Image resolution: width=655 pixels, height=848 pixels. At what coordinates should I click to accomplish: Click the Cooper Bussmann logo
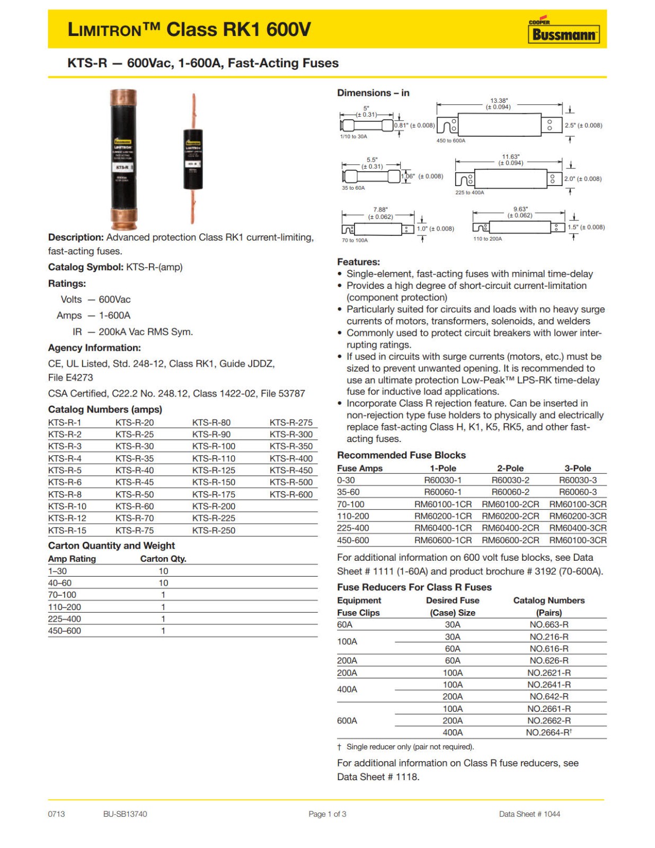[x=563, y=32]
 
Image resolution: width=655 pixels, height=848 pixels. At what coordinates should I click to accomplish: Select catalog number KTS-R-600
[x=291, y=494]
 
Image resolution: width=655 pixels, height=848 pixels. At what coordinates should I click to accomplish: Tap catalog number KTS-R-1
[x=65, y=422]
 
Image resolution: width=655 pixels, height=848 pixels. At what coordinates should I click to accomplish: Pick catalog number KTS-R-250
[x=214, y=531]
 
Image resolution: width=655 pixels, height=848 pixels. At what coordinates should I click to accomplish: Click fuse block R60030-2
[x=510, y=480]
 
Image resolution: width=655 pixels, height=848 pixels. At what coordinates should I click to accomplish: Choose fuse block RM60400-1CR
[x=442, y=528]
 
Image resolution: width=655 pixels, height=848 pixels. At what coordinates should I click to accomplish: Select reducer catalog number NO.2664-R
[x=548, y=732]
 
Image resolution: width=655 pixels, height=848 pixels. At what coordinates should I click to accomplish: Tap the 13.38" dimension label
[x=499, y=101]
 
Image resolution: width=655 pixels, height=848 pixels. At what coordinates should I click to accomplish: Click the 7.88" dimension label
[x=380, y=210]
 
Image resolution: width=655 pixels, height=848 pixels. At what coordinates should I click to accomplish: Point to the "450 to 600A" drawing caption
[x=451, y=141]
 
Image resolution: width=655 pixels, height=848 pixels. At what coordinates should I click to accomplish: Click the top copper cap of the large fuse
[x=123, y=98]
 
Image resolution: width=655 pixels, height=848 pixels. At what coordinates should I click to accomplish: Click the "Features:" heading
[x=358, y=262]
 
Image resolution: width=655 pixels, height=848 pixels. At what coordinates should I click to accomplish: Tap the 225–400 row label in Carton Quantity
[x=65, y=619]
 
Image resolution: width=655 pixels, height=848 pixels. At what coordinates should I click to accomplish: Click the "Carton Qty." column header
[x=163, y=559]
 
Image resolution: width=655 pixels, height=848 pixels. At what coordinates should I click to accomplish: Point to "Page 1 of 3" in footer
[x=327, y=814]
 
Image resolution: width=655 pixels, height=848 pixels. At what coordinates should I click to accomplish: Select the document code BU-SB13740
[x=125, y=814]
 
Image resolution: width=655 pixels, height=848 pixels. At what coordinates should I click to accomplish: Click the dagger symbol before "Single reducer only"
[x=339, y=747]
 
